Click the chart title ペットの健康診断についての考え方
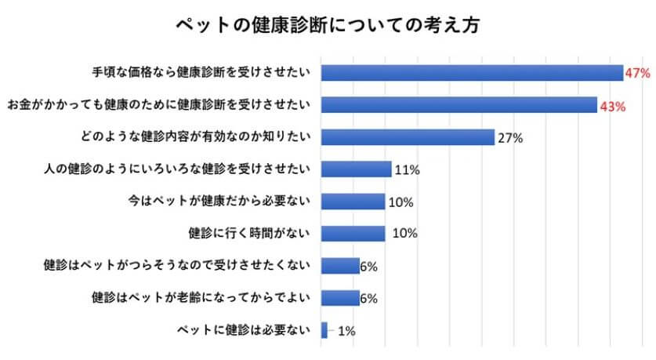[x=328, y=24]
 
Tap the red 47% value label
[x=638, y=73]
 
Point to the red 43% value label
[x=611, y=106]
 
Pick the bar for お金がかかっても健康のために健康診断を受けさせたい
[x=459, y=105]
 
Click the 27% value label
[x=509, y=138]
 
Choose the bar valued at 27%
[x=408, y=137]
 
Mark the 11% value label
[x=405, y=170]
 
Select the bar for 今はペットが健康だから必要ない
[x=353, y=201]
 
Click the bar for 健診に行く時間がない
[x=353, y=233]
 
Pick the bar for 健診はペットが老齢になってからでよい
[x=340, y=298]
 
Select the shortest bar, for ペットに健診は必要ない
[x=324, y=330]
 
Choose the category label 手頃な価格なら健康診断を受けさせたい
[x=199, y=72]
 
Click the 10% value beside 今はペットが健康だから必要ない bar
[x=401, y=202]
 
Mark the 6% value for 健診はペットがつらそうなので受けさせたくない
[x=369, y=267]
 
